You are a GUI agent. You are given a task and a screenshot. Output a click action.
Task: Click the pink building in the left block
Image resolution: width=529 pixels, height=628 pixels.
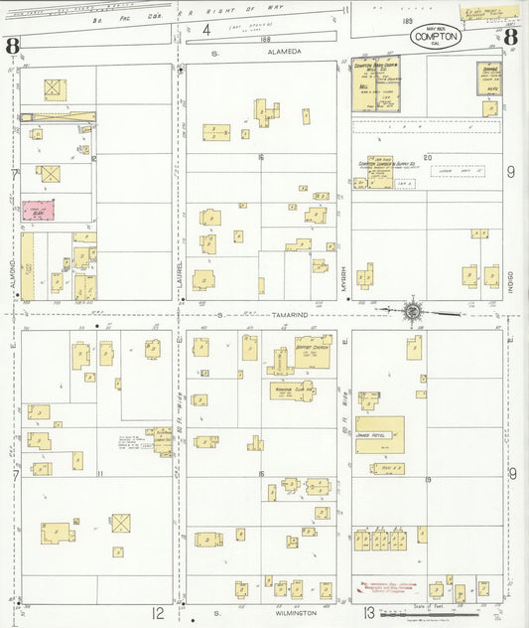click(38, 210)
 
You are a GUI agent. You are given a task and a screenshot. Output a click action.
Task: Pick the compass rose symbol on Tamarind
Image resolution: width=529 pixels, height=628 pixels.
click(412, 312)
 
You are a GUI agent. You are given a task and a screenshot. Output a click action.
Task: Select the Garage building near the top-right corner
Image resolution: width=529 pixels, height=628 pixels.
click(489, 78)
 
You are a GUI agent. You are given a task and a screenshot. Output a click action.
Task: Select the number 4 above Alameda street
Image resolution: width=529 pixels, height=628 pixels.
click(206, 30)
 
